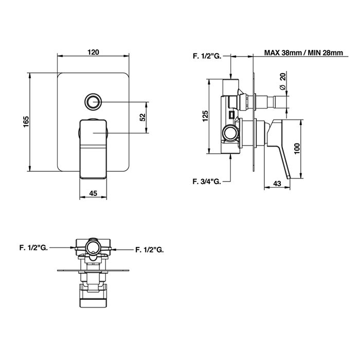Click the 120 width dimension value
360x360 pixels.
[x=94, y=52]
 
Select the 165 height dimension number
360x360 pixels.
[x=26, y=122]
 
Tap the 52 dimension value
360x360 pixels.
[x=143, y=117]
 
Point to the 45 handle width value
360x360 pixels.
[x=93, y=193]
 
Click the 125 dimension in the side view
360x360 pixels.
[x=206, y=116]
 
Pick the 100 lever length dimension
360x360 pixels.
[x=297, y=149]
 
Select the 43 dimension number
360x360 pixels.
[x=277, y=184]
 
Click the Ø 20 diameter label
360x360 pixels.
[x=283, y=81]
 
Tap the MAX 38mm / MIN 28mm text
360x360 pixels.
[x=303, y=53]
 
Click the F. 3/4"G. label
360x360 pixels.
[x=207, y=182]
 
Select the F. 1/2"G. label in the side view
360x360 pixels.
[x=207, y=56]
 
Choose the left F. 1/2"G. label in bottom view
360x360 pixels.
[x=33, y=248]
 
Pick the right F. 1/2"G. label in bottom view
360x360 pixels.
[x=150, y=249]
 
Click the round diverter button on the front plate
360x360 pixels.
[x=93, y=101]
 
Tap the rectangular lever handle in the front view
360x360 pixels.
[x=93, y=149]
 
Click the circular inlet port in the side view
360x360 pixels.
[x=231, y=133]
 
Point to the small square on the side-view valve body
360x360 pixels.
[x=231, y=115]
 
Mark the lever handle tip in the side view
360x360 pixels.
[x=289, y=177]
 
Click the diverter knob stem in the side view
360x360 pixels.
[x=272, y=102]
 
